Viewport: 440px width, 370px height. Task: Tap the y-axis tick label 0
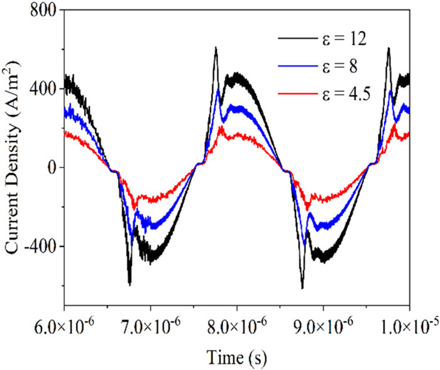tap(53, 167)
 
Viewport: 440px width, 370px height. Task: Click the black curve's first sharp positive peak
tap(216, 48)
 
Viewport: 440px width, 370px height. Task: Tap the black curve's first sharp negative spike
tap(129, 284)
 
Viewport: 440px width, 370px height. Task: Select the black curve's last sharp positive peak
tap(388, 48)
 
